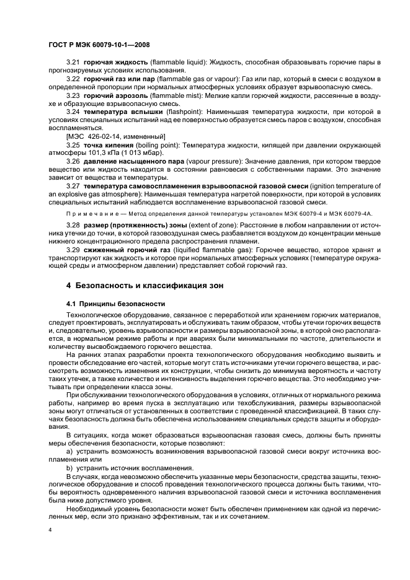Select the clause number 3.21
[73, 63]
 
